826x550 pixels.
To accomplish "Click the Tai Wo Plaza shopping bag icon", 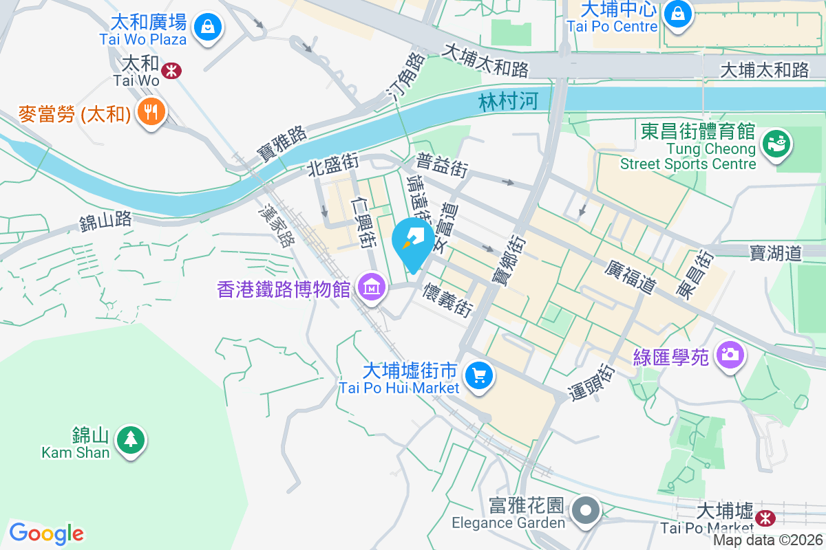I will (x=206, y=27).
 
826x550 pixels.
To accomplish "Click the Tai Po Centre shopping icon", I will (x=678, y=12).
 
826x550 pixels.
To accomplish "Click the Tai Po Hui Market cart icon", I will (x=478, y=375).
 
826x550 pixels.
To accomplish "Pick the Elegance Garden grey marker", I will (x=586, y=511).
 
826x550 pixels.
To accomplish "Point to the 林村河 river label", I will (x=508, y=102).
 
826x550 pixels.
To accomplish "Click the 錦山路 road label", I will (x=105, y=221).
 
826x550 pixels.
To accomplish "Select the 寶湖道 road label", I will (x=776, y=254).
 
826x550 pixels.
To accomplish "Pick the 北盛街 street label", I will (x=333, y=165).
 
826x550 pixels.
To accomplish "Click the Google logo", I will (x=46, y=533).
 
